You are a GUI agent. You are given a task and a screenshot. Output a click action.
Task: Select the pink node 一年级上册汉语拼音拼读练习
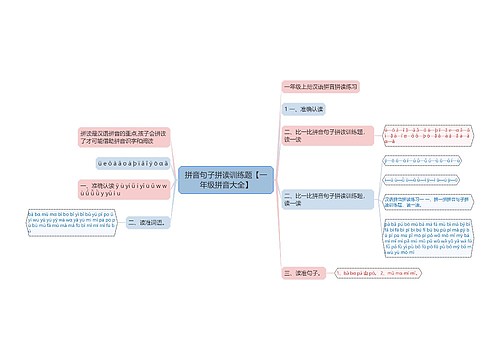322,87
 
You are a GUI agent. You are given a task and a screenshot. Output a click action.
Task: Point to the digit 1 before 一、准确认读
288,108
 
